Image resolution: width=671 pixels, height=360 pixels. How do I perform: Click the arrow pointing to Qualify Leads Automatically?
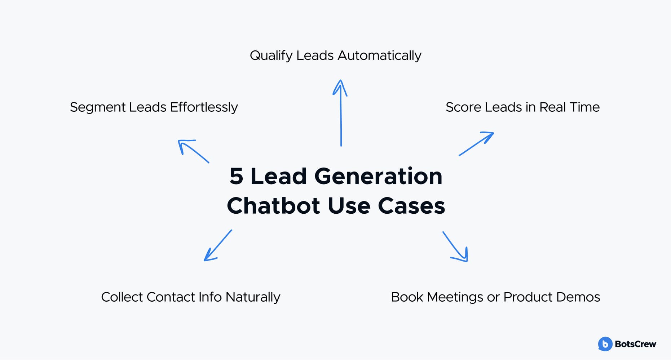click(x=341, y=113)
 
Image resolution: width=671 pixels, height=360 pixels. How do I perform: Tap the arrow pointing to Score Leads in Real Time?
click(x=476, y=144)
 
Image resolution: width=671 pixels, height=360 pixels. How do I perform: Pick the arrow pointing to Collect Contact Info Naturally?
click(x=218, y=245)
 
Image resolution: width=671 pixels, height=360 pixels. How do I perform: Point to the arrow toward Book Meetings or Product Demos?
click(x=455, y=246)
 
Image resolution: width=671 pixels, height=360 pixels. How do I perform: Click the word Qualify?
click(x=271, y=56)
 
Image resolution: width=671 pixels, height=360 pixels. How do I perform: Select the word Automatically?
click(x=379, y=56)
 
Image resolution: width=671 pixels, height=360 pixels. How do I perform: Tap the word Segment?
click(x=98, y=107)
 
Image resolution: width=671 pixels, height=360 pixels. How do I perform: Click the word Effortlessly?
click(x=204, y=107)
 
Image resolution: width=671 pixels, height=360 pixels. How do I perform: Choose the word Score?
click(x=463, y=107)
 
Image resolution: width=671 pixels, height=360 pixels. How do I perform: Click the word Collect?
click(x=122, y=297)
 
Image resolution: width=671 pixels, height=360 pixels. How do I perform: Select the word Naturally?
click(x=253, y=297)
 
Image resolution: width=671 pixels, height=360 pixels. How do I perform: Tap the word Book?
click(x=407, y=297)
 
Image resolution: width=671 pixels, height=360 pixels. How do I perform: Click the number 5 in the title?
click(x=236, y=176)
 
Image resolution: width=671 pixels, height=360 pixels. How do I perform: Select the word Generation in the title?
click(x=378, y=176)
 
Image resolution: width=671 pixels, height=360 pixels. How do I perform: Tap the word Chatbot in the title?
click(x=273, y=206)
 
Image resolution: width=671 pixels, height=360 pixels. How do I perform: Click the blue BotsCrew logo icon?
click(x=605, y=344)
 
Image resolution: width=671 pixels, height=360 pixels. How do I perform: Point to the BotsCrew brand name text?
click(x=635, y=344)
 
